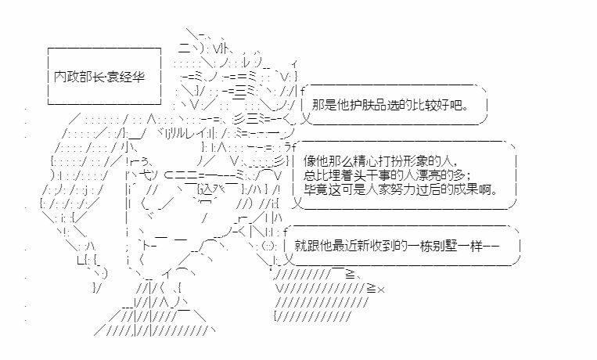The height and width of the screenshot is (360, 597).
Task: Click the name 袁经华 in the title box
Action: [127, 77]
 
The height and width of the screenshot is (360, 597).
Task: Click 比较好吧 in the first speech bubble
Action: [437, 105]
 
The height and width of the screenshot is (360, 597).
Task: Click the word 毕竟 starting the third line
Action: [316, 189]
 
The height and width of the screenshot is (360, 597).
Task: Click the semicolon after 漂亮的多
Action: [468, 176]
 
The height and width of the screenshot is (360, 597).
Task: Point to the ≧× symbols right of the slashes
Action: [376, 289]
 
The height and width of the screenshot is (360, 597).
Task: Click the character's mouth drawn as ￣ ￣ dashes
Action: [171, 239]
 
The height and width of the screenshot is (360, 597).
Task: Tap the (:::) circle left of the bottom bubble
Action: [269, 246]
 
